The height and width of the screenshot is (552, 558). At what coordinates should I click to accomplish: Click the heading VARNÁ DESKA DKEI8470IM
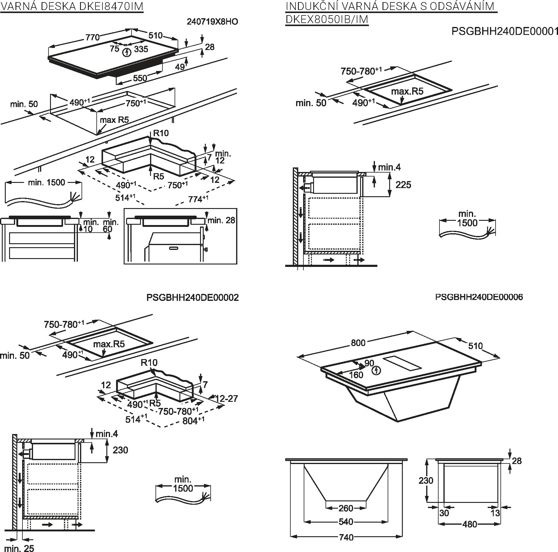(72, 6)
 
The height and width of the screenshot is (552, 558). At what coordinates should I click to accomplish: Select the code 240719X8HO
(212, 22)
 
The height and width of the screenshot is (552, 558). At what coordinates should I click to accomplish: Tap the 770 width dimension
(92, 37)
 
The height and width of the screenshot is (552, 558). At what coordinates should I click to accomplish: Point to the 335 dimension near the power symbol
(141, 49)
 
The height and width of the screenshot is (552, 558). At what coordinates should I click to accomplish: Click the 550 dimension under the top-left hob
(140, 78)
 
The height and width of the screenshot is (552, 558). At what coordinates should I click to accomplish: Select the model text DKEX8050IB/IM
(327, 19)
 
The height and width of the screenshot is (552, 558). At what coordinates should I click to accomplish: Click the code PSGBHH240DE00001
(505, 31)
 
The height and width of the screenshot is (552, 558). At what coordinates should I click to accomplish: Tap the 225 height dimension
(403, 184)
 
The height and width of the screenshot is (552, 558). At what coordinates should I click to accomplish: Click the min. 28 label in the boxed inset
(221, 220)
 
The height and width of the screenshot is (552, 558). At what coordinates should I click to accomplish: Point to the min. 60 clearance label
(111, 225)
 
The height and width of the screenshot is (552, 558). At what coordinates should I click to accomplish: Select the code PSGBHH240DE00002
(192, 297)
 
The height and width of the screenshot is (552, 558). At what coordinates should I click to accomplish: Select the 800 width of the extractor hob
(358, 342)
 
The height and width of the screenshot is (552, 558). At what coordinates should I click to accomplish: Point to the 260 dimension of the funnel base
(346, 508)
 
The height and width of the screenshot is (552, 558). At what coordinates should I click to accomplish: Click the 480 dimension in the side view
(469, 524)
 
